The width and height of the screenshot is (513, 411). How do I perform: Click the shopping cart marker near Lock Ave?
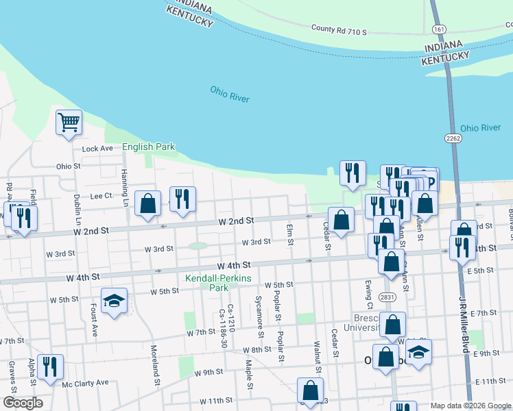(69, 123)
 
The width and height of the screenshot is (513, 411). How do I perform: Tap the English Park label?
(148, 147)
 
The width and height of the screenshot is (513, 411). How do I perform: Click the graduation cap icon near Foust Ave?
(115, 301)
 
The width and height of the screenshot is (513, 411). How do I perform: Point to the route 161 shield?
(439, 29)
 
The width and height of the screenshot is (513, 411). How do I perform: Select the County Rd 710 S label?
(339, 30)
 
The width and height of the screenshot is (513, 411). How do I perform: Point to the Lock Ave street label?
(97, 149)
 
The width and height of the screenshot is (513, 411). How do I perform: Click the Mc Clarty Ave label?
(86, 382)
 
